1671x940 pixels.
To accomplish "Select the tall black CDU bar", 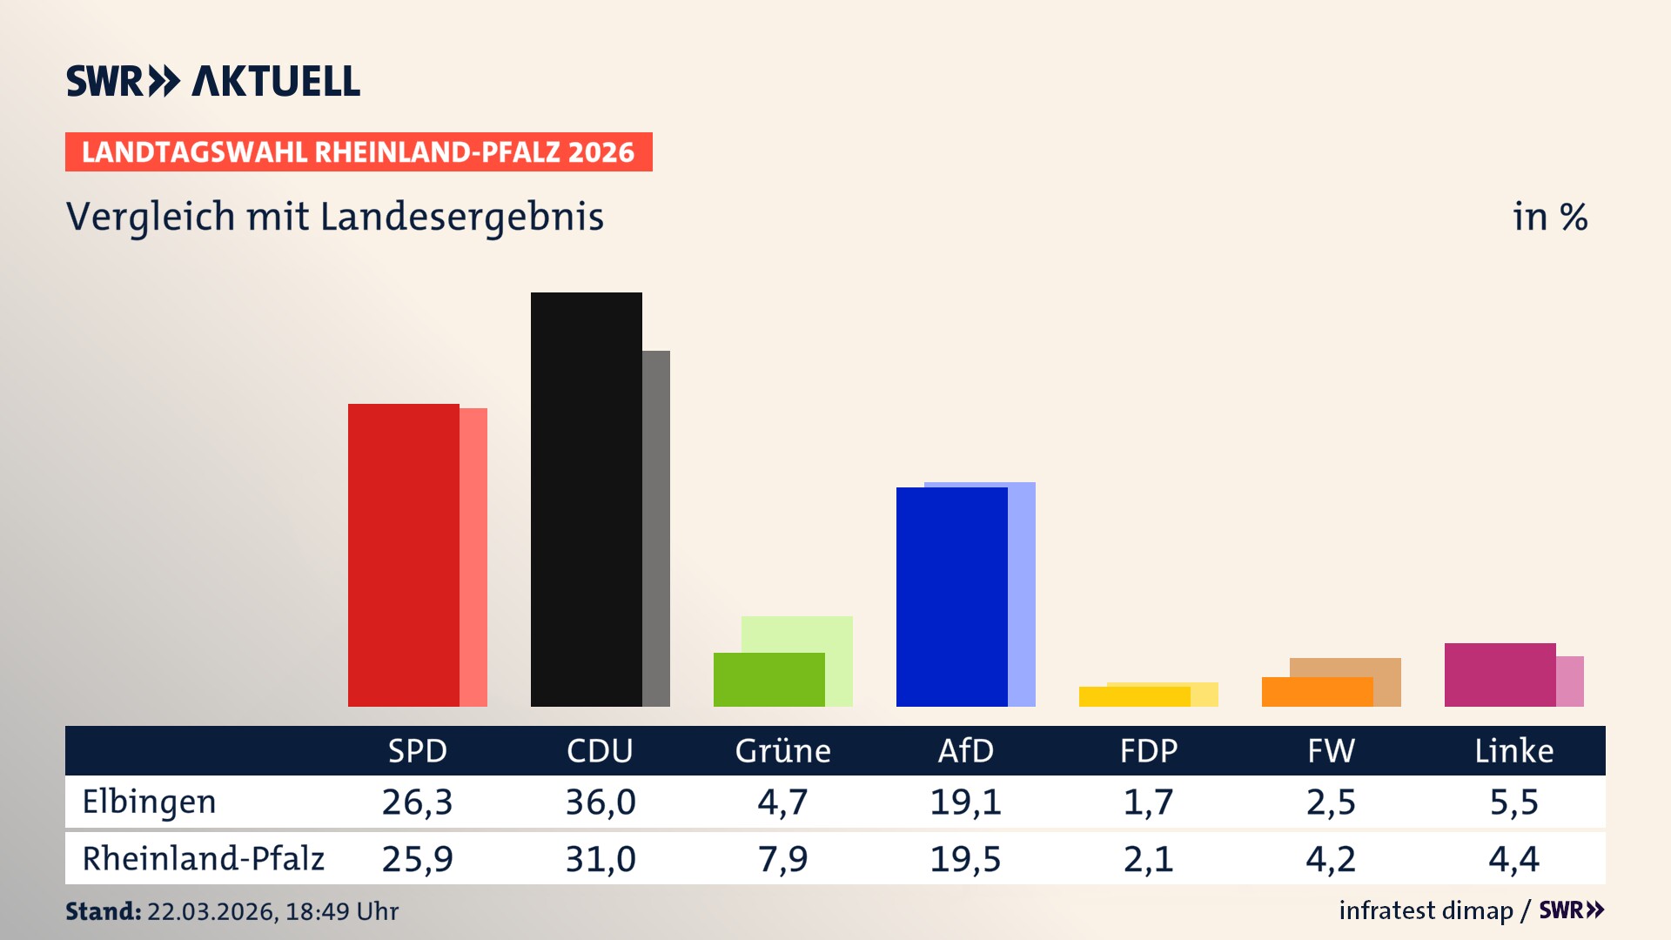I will tap(586, 500).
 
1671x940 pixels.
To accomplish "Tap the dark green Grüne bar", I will tap(768, 680).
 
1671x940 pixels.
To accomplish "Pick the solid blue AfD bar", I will tap(951, 597).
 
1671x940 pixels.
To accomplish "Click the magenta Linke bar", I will tap(1500, 675).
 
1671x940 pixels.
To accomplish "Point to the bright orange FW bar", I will tap(1317, 692).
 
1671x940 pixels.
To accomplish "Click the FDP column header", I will tap(1148, 750).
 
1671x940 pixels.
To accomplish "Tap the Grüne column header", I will tap(782, 750).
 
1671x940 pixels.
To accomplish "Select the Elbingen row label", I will tap(149, 802).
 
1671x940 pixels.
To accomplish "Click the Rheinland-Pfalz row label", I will tap(203, 859).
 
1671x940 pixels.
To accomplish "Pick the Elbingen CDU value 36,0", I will tap(601, 802).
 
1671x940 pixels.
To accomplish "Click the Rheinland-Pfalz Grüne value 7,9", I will tap(782, 859).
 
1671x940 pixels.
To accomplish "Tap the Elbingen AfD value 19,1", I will tap(965, 802).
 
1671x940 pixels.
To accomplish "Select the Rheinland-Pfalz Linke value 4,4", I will tap(1513, 859).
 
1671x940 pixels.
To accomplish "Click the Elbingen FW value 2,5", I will tap(1331, 802).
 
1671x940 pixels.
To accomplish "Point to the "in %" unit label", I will tap(1549, 217).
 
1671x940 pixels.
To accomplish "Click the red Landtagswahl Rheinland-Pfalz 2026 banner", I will tap(359, 152).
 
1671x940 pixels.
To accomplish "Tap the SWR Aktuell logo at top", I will tap(213, 81).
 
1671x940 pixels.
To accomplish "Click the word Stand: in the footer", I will tap(103, 911).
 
